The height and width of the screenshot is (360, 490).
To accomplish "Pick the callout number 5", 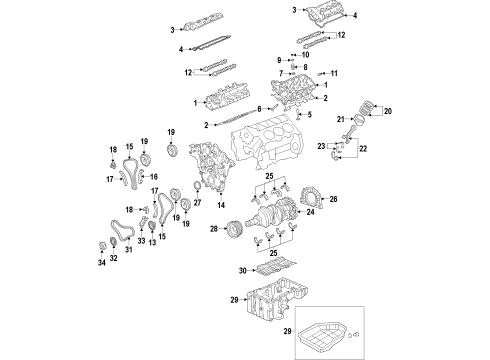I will pos(311,116).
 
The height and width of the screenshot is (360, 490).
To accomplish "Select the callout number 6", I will pos(258,108).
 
